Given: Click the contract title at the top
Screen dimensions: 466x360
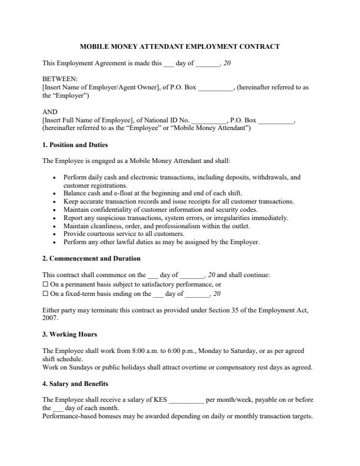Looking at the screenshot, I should tap(179, 46).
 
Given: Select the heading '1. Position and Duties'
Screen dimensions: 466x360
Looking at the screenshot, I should tap(75, 145).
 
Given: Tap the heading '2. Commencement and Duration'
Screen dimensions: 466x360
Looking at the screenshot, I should tap(91, 258).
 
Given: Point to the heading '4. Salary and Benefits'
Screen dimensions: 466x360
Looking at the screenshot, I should tap(75, 384).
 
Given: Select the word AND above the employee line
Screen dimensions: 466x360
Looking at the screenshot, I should tap(51, 112).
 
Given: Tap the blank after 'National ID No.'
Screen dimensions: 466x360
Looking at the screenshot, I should tap(208, 120).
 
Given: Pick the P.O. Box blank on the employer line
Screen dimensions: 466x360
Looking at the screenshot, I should tap(216, 87).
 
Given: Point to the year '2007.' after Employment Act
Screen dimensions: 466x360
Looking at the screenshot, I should tap(50, 318).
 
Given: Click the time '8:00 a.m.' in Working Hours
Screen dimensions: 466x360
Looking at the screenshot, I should tap(158, 351).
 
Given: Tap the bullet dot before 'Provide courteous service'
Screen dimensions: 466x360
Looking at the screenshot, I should tap(55, 234).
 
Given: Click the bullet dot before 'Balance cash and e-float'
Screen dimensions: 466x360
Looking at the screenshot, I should tap(55, 193).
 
